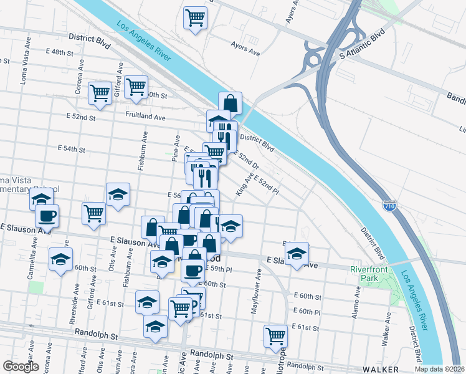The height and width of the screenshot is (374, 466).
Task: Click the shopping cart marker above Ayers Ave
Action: tap(195, 17)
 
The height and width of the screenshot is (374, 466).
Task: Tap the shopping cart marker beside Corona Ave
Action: tap(100, 93)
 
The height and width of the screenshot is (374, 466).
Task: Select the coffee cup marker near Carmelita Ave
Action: tap(47, 216)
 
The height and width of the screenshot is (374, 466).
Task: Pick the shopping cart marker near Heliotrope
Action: tap(275, 336)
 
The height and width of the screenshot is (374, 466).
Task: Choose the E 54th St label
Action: tap(70, 149)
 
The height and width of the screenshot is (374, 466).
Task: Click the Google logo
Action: tap(21, 366)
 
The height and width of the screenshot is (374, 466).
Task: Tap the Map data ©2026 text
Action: tap(440, 369)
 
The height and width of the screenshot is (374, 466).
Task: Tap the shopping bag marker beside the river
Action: tap(230, 103)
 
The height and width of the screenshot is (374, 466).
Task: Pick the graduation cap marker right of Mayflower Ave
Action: tap(297, 254)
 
